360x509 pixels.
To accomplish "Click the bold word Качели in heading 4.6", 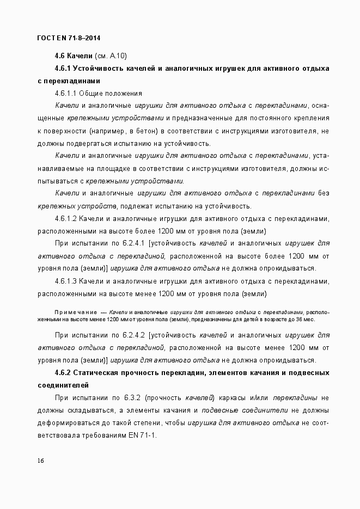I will point(80,56).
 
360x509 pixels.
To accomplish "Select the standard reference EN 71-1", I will point(140,435).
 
